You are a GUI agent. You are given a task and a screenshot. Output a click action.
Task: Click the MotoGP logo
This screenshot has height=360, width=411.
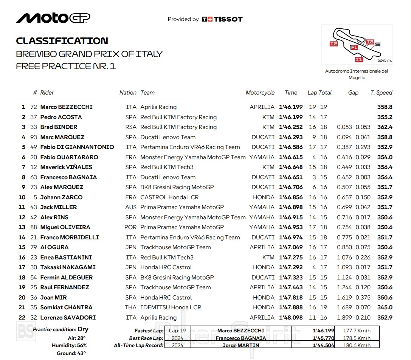pyautogui.click(x=53, y=18)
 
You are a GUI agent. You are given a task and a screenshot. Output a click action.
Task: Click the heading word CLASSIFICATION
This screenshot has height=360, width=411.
pyautogui.click(x=62, y=41)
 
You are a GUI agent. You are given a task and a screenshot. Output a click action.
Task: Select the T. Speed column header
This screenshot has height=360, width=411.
pyautogui.click(x=381, y=93)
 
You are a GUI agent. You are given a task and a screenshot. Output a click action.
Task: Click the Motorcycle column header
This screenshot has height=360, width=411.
pyautogui.click(x=260, y=93)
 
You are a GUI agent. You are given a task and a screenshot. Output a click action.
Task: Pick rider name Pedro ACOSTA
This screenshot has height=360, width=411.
pyautogui.click(x=61, y=117)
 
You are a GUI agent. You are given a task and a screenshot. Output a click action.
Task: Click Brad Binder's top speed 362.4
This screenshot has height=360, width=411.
pyautogui.click(x=385, y=127)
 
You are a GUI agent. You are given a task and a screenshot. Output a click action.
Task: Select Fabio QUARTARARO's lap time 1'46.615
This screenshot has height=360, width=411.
pyautogui.click(x=291, y=157)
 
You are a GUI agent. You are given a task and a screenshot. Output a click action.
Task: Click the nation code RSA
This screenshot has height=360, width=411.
pyautogui.click(x=130, y=127)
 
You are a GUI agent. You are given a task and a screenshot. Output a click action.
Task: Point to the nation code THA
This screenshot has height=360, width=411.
pyautogui.click(x=130, y=307)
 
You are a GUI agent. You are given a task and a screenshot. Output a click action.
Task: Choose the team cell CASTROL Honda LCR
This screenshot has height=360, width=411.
pyautogui.click(x=169, y=197)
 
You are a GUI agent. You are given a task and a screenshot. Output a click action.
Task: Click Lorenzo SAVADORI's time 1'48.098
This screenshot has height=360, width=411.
pyautogui.click(x=291, y=318)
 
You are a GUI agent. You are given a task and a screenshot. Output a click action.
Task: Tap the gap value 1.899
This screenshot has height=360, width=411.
pyautogui.click(x=344, y=318)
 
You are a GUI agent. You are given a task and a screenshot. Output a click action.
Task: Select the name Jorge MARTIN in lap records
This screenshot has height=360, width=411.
pyautogui.click(x=241, y=345)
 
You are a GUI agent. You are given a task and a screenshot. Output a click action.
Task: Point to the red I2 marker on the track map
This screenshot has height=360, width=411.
pyautogui.click(x=333, y=44)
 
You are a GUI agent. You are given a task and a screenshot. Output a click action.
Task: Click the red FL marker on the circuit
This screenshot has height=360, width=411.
pyautogui.click(x=354, y=48)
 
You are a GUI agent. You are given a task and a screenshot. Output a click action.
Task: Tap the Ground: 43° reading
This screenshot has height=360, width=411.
pyautogui.click(x=72, y=353)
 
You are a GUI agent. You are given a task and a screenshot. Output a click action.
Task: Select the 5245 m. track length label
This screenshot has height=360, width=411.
pyautogui.click(x=384, y=60)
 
